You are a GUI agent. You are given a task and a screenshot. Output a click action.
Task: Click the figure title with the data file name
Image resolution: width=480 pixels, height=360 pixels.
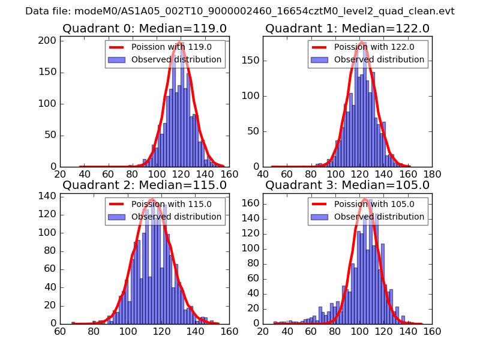pyautogui.click(x=240, y=11)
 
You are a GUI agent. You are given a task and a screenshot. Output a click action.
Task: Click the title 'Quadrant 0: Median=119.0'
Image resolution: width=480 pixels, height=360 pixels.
pyautogui.click(x=145, y=28)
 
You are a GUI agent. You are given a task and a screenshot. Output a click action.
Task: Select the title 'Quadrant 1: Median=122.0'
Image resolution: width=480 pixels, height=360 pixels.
pyautogui.click(x=347, y=28)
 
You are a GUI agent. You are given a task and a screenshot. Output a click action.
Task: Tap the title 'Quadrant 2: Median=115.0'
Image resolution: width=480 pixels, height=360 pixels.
pyautogui.click(x=145, y=185)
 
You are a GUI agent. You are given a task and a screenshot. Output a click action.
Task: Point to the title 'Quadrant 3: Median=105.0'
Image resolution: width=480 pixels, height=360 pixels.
pyautogui.click(x=347, y=185)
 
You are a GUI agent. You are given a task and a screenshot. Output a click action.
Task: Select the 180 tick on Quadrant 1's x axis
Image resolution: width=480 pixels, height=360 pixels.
pyautogui.click(x=432, y=174)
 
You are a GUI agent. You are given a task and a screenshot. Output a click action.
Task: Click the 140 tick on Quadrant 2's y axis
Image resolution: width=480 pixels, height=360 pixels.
pyautogui.click(x=48, y=196)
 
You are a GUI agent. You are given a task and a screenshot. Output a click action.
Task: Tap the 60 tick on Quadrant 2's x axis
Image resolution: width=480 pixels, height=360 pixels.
pyautogui.click(x=60, y=331)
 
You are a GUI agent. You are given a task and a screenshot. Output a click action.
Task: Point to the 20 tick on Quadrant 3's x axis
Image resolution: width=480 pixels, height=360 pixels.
pyautogui.click(x=263, y=331)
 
